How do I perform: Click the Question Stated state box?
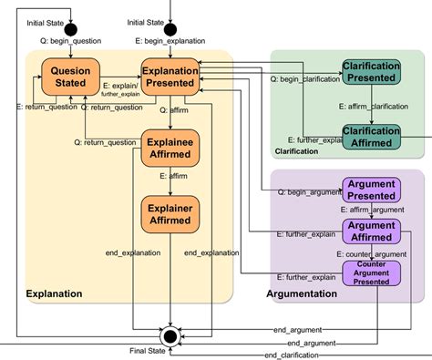69,77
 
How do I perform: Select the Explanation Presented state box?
170,77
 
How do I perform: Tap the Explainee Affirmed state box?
170,148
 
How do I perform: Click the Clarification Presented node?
372,72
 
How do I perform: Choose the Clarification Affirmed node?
372,137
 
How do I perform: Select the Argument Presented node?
372,190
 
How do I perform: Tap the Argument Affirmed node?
372,231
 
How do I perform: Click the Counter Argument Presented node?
372,273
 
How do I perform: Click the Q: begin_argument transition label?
307,192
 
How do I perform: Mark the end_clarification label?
293,355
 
